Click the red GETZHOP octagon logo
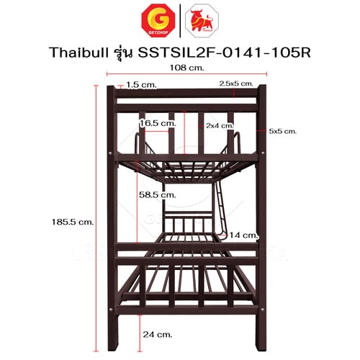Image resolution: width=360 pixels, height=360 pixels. tap(158, 21)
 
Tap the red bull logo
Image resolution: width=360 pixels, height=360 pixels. tap(202, 21)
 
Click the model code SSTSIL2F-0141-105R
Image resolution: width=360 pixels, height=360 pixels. tap(224, 53)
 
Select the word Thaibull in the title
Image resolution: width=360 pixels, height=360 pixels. tap(79, 53)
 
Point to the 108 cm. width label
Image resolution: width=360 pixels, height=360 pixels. tap(186, 68)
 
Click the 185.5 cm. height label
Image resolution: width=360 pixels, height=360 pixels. tap(73, 222)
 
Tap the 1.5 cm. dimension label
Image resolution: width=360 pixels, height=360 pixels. tap(141, 85)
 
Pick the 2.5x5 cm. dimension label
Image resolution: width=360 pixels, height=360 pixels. tap(236, 84)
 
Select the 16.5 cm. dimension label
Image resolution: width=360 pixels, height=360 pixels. tap(158, 123)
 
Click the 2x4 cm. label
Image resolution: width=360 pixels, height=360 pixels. tap(220, 125)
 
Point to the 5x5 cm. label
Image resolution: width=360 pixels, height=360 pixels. tap(283, 131)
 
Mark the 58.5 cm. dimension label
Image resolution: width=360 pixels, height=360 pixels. tap(158, 194)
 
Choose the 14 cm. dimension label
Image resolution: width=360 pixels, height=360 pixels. tap(243, 235)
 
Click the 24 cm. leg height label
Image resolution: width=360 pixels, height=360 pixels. tap(158, 334)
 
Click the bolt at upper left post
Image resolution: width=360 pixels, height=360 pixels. tap(110, 153)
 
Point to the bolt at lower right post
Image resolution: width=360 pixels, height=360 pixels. tap(262, 310)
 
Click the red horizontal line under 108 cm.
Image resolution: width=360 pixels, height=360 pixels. tap(186, 74)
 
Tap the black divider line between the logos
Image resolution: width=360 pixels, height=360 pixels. tap(180, 21)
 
